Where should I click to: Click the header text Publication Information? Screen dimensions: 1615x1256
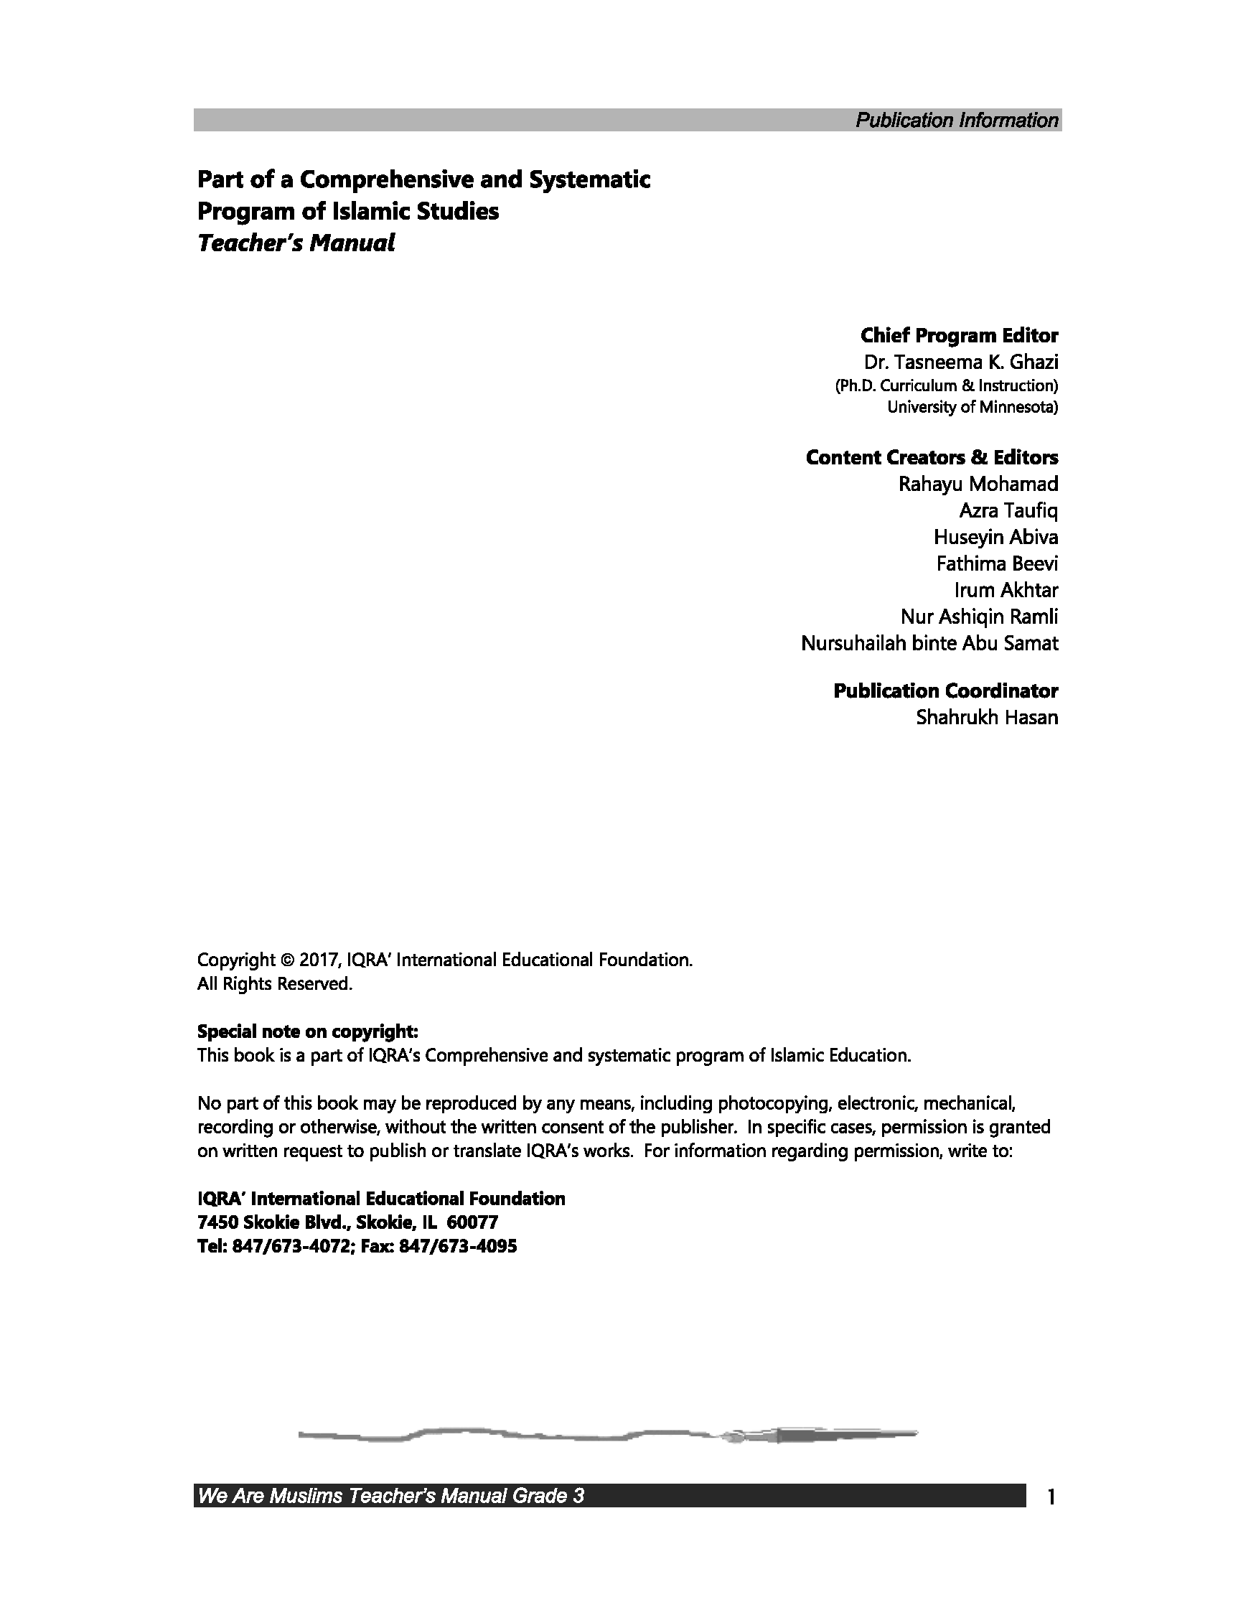click(957, 121)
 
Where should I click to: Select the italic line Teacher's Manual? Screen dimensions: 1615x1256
click(296, 243)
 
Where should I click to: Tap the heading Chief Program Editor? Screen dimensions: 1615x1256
click(959, 336)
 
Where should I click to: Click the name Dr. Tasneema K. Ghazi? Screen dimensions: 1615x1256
click(961, 362)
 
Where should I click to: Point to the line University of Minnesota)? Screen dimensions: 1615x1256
click(972, 407)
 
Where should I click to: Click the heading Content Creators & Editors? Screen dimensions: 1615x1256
click(932, 458)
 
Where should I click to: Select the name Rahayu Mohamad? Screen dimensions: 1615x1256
click(978, 484)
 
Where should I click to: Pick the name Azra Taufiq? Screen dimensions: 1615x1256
click(1008, 511)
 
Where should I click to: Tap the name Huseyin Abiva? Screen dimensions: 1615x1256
click(995, 537)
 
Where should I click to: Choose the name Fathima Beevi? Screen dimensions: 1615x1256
click(996, 564)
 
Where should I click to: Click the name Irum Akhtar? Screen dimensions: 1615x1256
click(1006, 590)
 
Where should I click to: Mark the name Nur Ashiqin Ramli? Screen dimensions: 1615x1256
click(979, 617)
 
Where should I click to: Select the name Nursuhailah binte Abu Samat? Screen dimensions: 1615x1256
click(929, 643)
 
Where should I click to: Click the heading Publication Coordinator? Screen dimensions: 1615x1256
click(945, 691)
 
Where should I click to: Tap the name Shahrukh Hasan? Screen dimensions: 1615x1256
click(987, 717)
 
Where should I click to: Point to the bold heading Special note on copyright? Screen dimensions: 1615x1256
click(307, 1031)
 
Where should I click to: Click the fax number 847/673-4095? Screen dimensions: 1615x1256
click(458, 1247)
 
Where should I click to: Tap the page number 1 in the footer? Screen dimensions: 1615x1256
click(1051, 1497)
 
